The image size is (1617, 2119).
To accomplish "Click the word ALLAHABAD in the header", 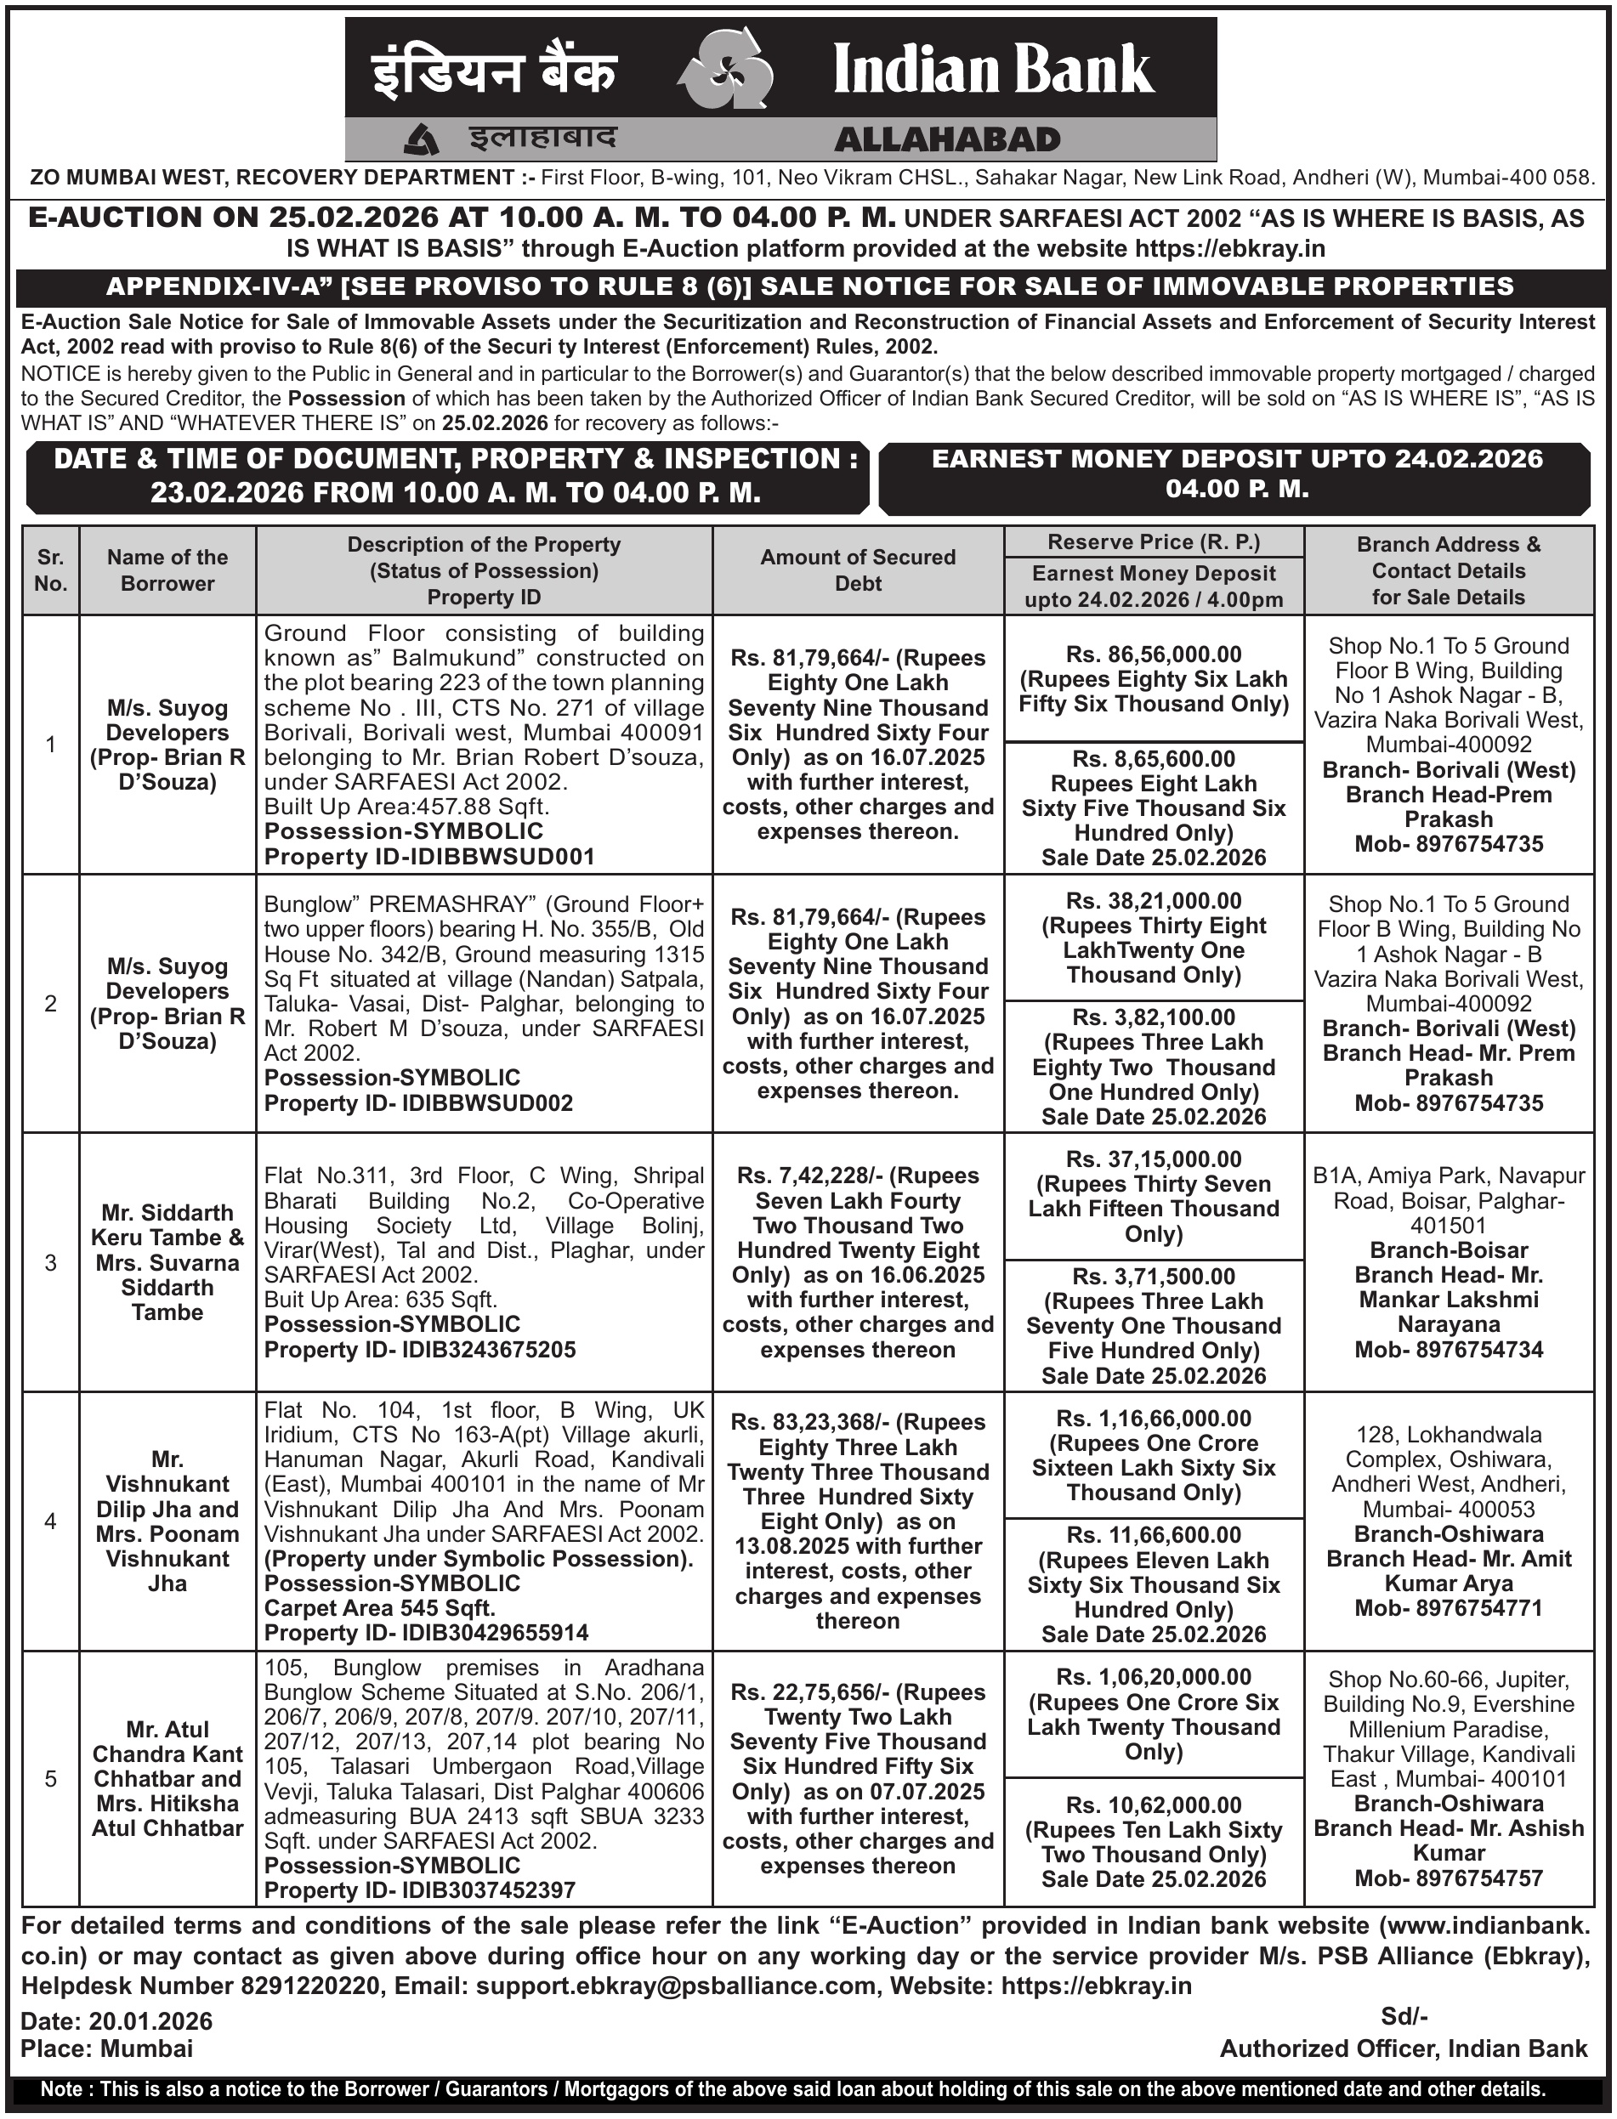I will pyautogui.click(x=947, y=140).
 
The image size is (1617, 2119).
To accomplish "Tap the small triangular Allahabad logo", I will pyautogui.click(x=421, y=140).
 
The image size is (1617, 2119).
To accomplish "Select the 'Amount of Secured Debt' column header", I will pyautogui.click(x=858, y=569).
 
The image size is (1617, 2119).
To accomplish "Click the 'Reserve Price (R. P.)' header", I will pyautogui.click(x=1153, y=541).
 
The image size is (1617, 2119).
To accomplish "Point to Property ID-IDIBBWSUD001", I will pyautogui.click(x=429, y=857).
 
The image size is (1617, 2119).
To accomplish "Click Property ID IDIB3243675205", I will pyautogui.click(x=420, y=1350).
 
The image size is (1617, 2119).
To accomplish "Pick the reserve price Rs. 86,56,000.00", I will pyautogui.click(x=1153, y=654).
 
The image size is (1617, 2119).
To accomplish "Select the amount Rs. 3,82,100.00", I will pyautogui.click(x=1153, y=1017).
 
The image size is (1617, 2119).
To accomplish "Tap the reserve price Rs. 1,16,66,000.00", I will pyautogui.click(x=1153, y=1419).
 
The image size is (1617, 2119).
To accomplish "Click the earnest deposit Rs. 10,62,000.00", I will pyautogui.click(x=1153, y=1805).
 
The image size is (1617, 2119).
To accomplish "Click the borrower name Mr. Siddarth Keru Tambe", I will pyautogui.click(x=167, y=1225).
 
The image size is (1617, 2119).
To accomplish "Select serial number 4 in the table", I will pyautogui.click(x=51, y=1521).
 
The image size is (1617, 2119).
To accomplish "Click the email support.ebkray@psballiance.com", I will pyautogui.click(x=676, y=1986).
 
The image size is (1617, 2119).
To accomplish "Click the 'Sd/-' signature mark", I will pyautogui.click(x=1404, y=2016).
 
